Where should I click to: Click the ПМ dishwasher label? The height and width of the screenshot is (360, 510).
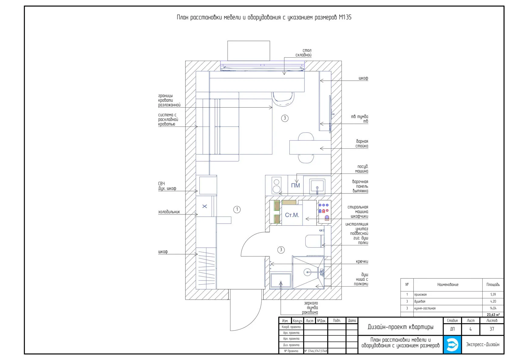[x=295, y=185]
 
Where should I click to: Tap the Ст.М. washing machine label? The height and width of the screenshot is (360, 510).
[x=292, y=215]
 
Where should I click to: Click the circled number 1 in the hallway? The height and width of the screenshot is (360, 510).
[x=237, y=210]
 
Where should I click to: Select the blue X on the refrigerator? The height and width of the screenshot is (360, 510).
[x=205, y=206]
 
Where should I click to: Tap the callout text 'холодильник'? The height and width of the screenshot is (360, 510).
[x=169, y=212]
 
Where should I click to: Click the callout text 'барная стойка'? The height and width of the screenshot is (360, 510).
[x=362, y=144]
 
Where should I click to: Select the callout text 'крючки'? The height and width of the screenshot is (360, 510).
[x=362, y=261]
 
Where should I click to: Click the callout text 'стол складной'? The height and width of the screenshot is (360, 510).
[x=304, y=52]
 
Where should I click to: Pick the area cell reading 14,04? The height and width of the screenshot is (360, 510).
[x=493, y=308]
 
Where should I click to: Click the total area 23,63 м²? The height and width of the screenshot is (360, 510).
[x=493, y=315]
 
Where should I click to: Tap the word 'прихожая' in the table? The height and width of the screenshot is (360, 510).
[x=420, y=294]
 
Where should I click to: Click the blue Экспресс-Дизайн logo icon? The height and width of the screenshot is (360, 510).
[x=452, y=345]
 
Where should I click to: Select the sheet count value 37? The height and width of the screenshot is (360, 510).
[x=492, y=329]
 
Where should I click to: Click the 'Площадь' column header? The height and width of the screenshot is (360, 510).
[x=493, y=284]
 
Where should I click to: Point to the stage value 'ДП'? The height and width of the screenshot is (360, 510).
[x=452, y=329]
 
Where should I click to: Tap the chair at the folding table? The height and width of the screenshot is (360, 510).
[x=283, y=99]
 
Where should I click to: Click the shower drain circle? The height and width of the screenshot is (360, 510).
[x=307, y=272]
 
